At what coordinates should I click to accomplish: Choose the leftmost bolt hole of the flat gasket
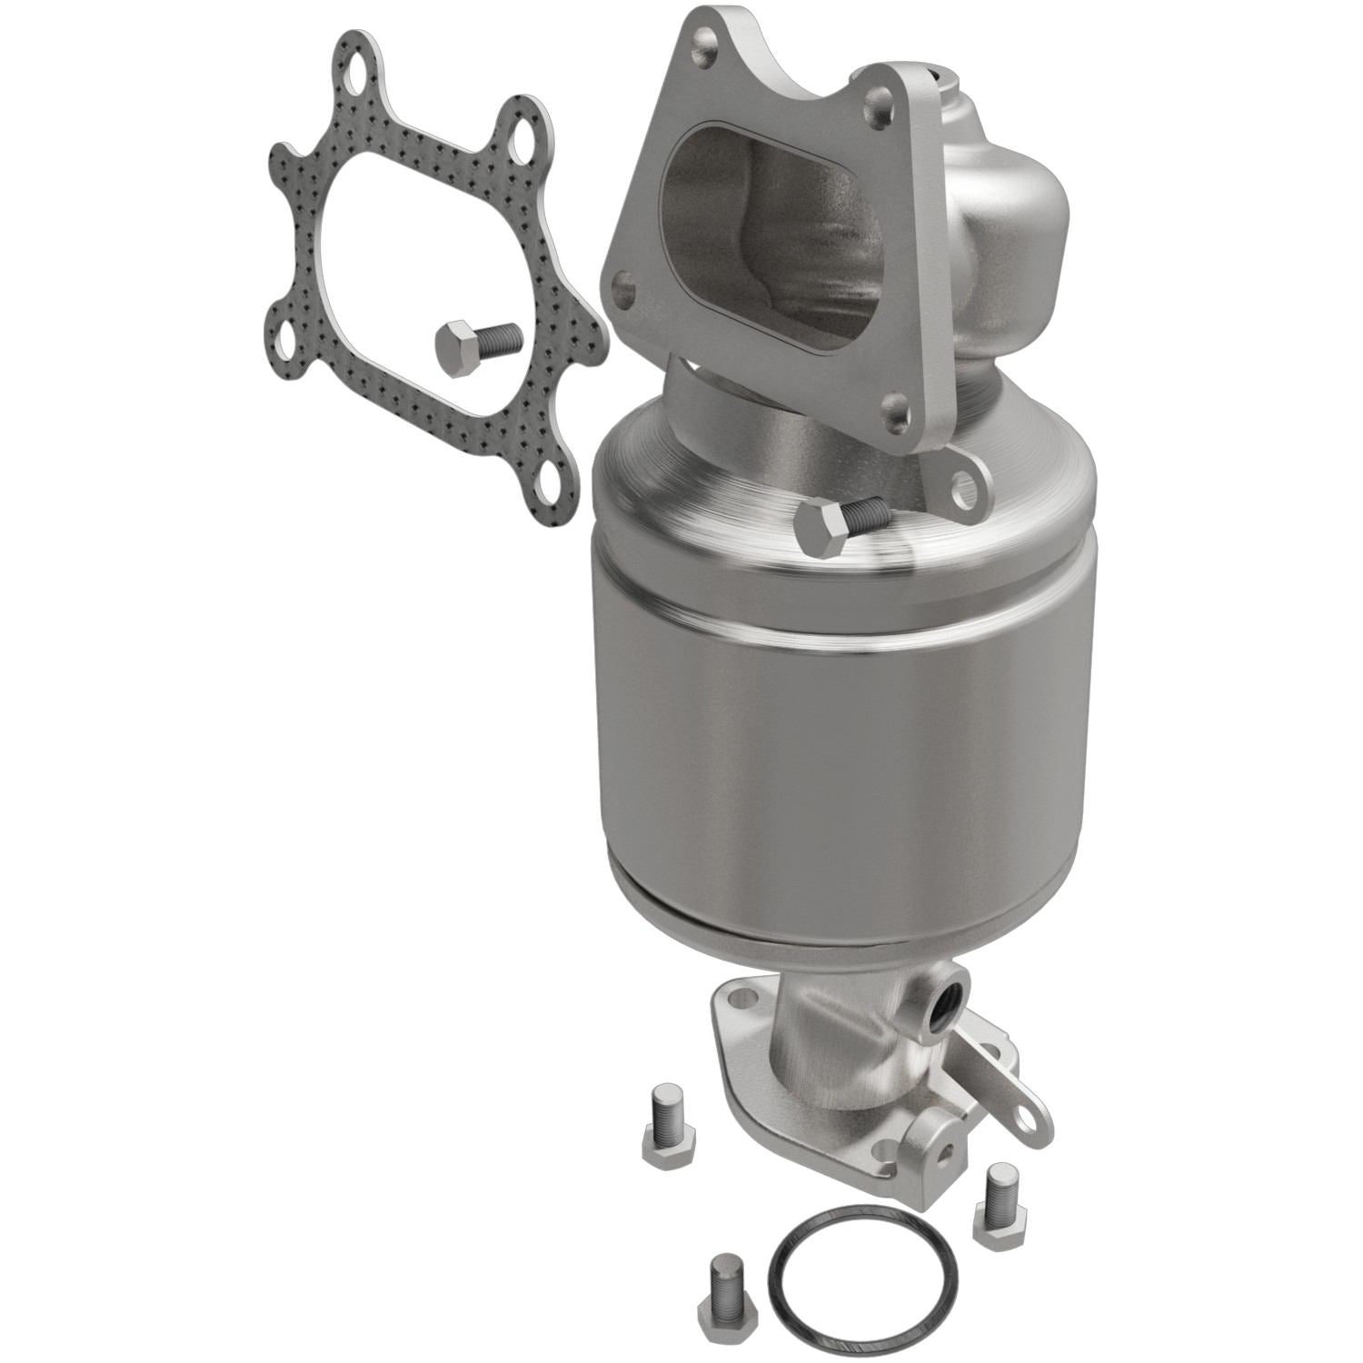pos(288,321)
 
